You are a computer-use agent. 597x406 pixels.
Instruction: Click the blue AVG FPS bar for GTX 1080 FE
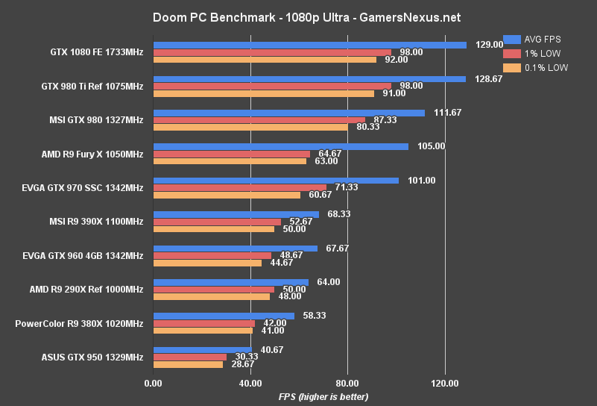[309, 45]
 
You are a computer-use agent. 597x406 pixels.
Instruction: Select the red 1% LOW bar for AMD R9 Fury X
[231, 154]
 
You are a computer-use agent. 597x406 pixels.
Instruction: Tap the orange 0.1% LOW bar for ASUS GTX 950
[188, 364]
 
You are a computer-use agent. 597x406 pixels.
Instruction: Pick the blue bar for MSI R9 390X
[236, 214]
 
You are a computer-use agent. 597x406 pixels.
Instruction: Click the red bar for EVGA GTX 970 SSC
[239, 187]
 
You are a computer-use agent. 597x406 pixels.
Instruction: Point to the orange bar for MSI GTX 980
[250, 127]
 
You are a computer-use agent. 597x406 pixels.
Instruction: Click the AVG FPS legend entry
[531, 39]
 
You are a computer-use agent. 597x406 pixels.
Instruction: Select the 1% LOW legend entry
[531, 53]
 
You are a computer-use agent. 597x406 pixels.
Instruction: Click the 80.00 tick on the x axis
[347, 383]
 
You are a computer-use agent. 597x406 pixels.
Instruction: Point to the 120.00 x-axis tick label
[444, 383]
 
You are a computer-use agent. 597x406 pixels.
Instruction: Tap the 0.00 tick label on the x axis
[153, 383]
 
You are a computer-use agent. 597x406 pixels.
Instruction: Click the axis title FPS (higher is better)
[323, 396]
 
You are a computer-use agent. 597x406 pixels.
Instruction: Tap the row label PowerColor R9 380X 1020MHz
[79, 323]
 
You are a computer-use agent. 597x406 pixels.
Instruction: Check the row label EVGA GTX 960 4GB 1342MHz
[84, 255]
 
